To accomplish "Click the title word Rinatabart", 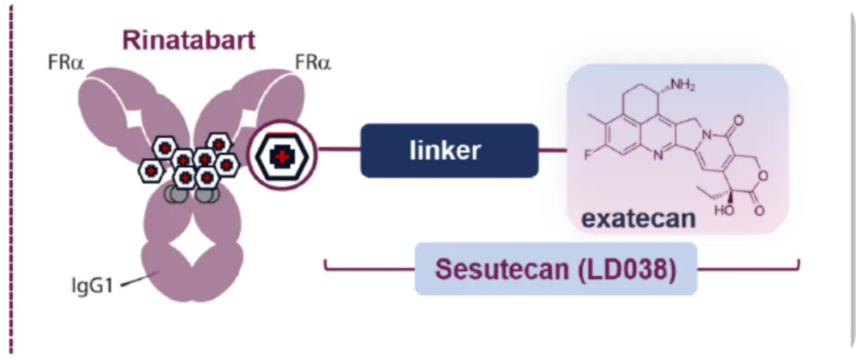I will [188, 40].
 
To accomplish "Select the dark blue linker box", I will [449, 150].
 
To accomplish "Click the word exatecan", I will [638, 216].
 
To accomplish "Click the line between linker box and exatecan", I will [552, 150].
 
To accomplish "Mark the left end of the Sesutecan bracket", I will [326, 262].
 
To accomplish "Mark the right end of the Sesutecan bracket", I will [798, 262].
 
